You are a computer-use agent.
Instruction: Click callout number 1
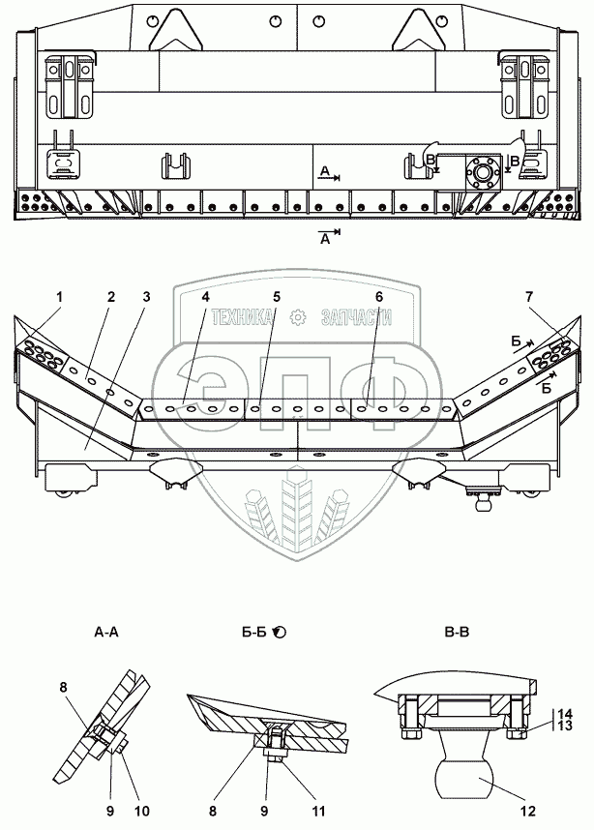pos(58,297)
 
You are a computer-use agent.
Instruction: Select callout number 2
pos(111,297)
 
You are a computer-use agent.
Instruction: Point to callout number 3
pos(147,297)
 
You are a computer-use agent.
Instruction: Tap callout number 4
pos(205,297)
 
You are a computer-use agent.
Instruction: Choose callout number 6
pos(379,297)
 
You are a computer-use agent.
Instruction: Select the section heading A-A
pos(107,634)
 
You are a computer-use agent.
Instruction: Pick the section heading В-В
pos(458,634)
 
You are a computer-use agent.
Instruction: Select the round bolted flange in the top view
pos(482,175)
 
